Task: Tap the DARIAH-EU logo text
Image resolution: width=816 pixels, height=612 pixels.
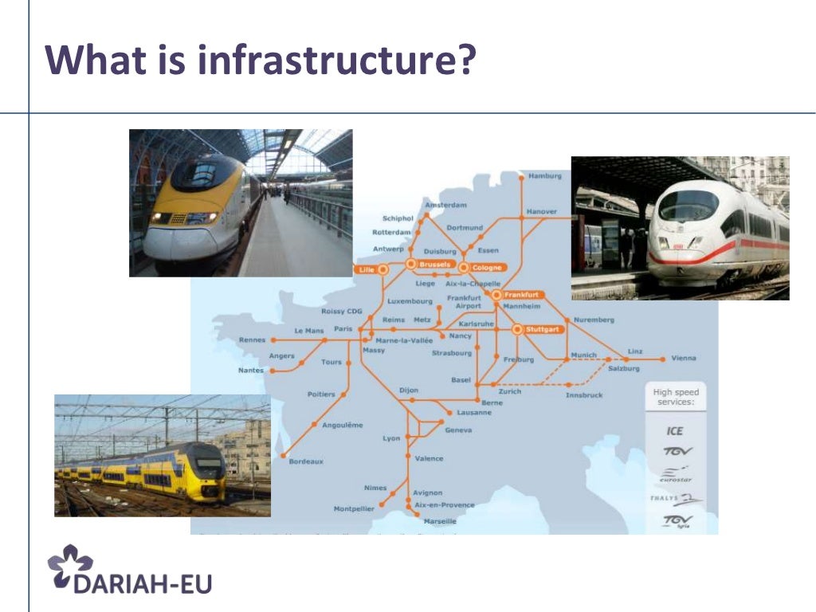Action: point(143,582)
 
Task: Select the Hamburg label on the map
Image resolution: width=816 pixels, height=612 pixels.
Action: point(545,175)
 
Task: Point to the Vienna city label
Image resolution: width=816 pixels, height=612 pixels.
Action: point(683,358)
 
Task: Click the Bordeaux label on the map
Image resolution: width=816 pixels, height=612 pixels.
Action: point(306,461)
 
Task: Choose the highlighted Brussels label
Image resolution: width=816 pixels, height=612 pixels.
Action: point(435,264)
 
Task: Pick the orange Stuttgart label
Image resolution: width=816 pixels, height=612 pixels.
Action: point(544,329)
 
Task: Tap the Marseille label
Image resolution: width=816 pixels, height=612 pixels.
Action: point(440,520)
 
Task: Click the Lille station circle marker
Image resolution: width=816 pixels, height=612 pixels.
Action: point(383,270)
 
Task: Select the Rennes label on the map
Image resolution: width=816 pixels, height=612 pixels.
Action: point(252,340)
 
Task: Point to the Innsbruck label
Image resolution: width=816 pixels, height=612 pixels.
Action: point(584,395)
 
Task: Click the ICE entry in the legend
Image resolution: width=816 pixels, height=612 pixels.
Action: point(674,431)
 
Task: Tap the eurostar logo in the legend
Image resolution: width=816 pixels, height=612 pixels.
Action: point(676,476)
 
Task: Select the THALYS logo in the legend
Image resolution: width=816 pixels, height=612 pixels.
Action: point(675,500)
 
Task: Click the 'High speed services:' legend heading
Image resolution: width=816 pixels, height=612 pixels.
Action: point(675,397)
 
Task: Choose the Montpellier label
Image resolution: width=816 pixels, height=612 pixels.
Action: point(354,508)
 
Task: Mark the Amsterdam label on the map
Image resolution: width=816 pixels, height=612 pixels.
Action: point(446,205)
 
